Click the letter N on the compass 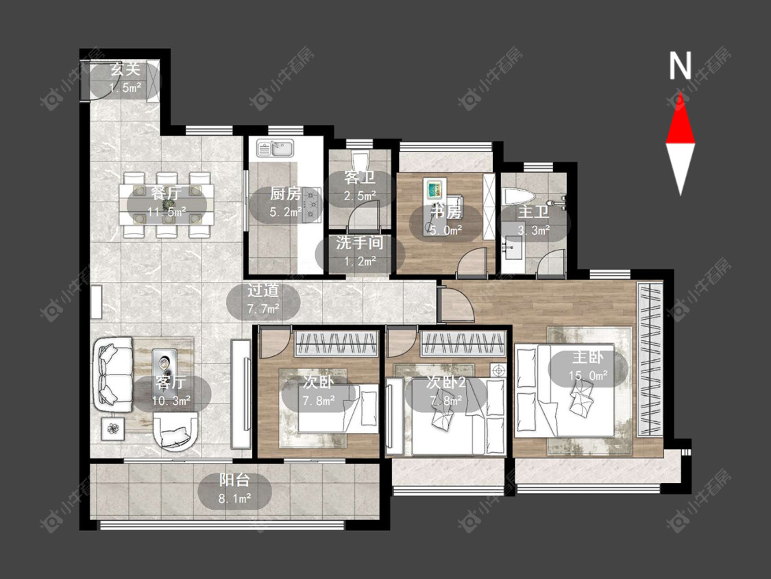680,66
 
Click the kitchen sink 275,148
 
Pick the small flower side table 113,429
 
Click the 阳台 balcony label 234,480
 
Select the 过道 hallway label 263,290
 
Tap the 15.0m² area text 588,376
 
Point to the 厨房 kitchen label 286,193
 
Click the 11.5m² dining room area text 167,212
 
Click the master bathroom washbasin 512,246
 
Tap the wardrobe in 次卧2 463,343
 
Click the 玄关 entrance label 125,69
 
